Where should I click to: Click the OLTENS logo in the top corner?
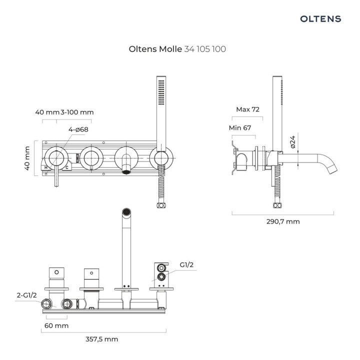point(320,19)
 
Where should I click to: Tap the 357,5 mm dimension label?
point(102,339)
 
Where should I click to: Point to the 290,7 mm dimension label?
point(283,221)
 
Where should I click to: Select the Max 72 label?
point(248,109)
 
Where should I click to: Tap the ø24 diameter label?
point(293,144)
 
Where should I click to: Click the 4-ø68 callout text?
point(78,130)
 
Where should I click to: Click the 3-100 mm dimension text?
point(77,112)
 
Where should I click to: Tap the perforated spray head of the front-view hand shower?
point(160,91)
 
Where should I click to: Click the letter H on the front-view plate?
point(46,167)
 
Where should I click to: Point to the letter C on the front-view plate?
point(66,167)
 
